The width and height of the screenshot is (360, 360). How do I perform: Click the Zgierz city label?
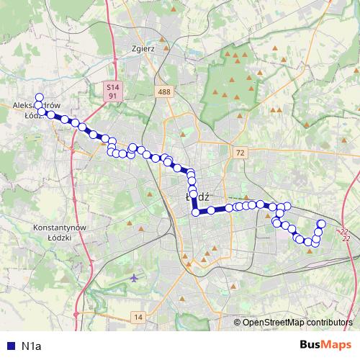(x=143, y=50)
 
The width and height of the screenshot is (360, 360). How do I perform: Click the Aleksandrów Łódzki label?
(x=36, y=109)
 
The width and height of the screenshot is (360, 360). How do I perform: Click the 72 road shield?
(x=240, y=153)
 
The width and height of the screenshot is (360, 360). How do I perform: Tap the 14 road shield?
(x=138, y=317)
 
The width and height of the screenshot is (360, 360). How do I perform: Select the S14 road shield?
(x=111, y=86)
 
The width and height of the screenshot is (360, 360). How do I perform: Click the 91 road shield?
(x=112, y=95)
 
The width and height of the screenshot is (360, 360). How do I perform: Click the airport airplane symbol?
(x=136, y=277)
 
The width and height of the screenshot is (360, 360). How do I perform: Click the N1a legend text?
(x=31, y=346)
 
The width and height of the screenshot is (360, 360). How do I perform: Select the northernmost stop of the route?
(x=39, y=98)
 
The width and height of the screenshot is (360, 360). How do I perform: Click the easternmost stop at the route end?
(x=321, y=225)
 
